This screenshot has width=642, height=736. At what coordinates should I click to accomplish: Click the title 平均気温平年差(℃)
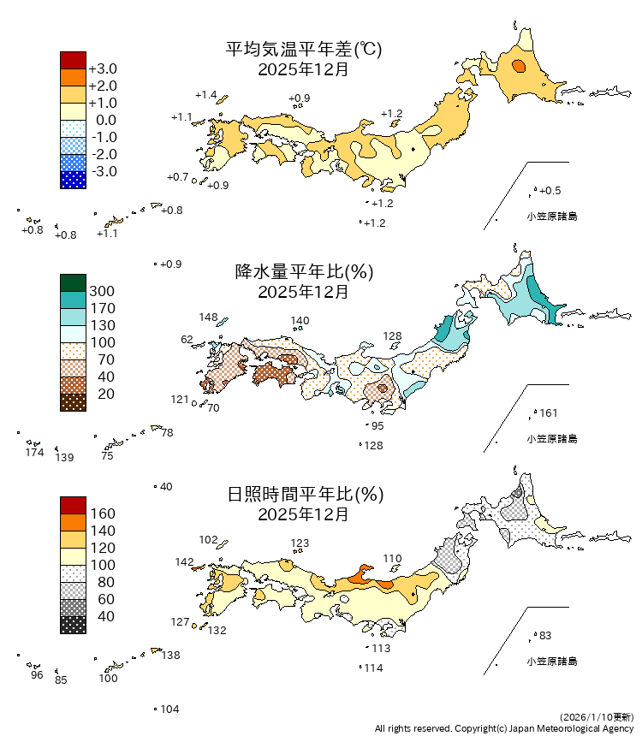[x=303, y=50]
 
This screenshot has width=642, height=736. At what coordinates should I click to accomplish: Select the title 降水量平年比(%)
[x=303, y=272]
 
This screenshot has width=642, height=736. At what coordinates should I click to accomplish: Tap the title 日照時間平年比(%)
[x=303, y=494]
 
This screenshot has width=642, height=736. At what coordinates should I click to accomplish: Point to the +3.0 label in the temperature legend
[x=103, y=68]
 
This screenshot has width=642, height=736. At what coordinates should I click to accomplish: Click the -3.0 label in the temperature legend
[x=103, y=171]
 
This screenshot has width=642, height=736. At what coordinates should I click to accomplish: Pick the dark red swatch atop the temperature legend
[x=73, y=60]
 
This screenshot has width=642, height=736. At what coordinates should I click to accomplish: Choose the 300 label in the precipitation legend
[x=102, y=291]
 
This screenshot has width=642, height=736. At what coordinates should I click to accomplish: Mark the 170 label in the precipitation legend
[x=102, y=308]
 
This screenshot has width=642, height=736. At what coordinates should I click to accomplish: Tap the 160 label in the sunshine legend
[x=102, y=513]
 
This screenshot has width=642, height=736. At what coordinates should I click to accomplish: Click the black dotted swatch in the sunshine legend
[x=73, y=625]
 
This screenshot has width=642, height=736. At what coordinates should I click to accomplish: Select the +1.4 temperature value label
[x=205, y=94]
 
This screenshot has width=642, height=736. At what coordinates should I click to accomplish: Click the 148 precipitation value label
[x=208, y=318]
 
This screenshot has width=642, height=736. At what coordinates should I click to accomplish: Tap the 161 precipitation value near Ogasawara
[x=549, y=413]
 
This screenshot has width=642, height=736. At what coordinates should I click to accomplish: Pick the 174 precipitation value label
[x=34, y=452]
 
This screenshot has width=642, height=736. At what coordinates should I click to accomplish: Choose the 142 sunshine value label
[x=184, y=562]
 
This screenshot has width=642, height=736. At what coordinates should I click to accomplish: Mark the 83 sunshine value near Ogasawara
[x=545, y=635]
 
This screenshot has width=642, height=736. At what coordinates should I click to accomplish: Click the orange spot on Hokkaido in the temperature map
[x=518, y=67]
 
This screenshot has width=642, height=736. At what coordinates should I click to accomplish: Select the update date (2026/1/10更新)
[x=597, y=715]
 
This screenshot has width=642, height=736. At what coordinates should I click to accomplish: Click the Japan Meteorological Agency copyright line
[x=504, y=727]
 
